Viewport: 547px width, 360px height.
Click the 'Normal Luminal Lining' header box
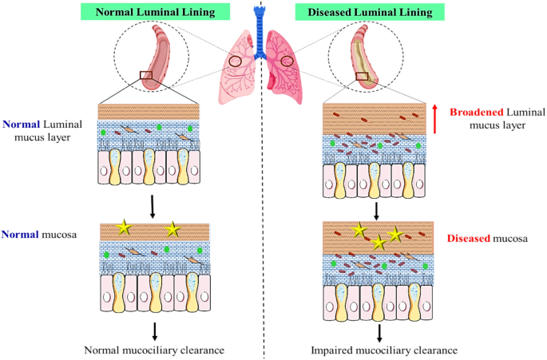tap(155, 12)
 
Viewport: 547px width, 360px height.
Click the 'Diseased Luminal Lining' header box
tap(370, 12)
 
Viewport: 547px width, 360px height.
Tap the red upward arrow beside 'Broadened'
tap(434, 119)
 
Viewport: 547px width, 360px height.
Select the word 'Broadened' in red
tap(477, 112)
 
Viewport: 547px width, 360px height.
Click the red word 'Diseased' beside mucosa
tap(469, 238)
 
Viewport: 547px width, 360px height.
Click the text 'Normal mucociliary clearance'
tap(154, 350)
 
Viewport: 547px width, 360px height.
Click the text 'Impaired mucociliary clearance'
tap(384, 350)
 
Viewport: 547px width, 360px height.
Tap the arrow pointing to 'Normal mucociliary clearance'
tap(155, 331)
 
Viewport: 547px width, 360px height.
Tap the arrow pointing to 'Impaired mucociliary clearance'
tap(379, 334)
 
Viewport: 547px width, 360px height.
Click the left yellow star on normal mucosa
tap(125, 227)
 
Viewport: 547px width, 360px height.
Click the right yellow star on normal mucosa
tap(172, 230)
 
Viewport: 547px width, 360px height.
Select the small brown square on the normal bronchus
tap(146, 75)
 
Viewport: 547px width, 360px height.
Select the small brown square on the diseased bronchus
tap(362, 76)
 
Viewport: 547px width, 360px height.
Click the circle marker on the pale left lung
tap(235, 61)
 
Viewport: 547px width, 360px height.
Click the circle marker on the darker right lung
tap(287, 61)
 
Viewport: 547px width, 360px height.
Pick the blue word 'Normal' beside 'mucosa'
tap(20, 234)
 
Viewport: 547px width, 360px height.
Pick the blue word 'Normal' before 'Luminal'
tap(22, 125)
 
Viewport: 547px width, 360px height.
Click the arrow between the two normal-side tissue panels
tap(152, 207)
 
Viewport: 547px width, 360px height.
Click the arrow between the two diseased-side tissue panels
tap(376, 212)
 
